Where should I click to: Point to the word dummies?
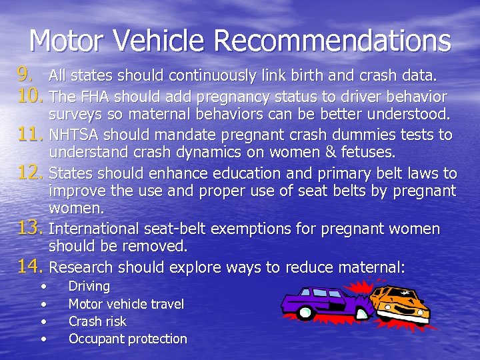[x=355, y=135]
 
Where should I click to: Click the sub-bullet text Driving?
[x=89, y=287]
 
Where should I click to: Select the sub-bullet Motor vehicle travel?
[x=126, y=304]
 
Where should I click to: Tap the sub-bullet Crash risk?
[x=97, y=321]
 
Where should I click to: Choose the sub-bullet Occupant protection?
[x=127, y=339]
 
